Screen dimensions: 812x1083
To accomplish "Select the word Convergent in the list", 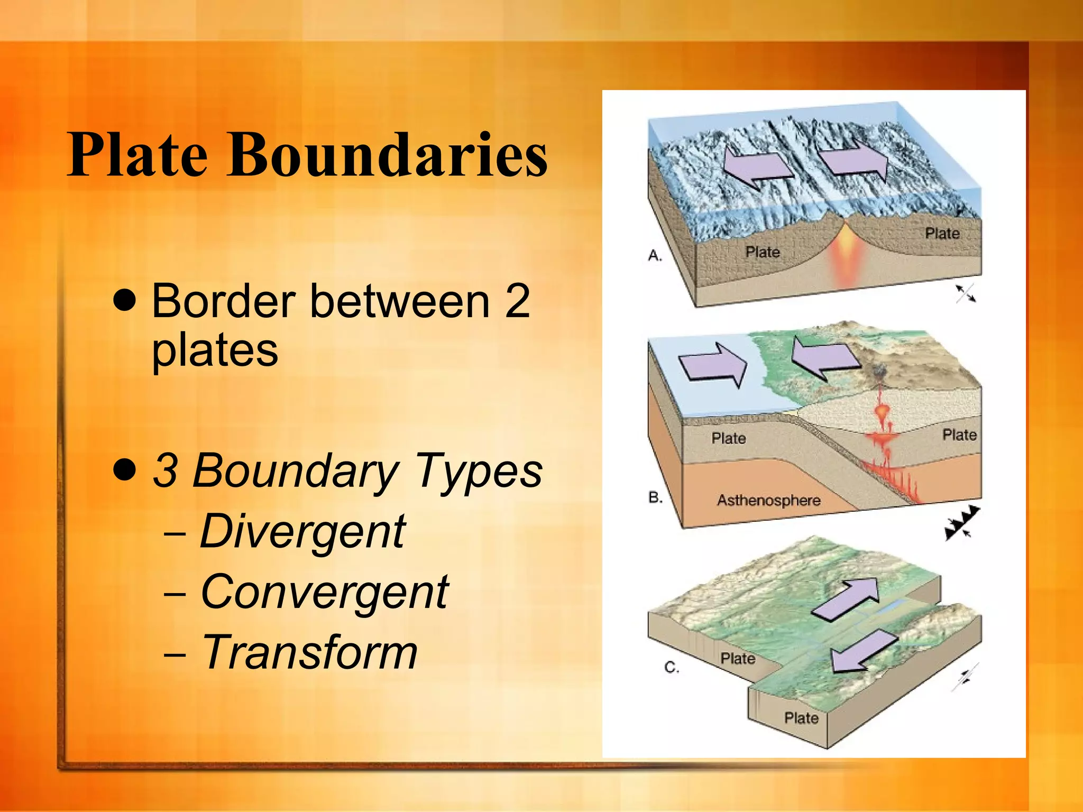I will tap(325, 592).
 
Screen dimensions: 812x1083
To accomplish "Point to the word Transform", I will tap(310, 652).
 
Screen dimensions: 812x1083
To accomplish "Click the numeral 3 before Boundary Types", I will tap(164, 470).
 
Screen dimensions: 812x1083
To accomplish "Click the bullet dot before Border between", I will tap(125, 301).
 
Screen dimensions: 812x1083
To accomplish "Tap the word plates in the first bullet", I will tap(215, 350).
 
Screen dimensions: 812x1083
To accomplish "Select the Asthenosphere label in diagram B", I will tap(768, 500).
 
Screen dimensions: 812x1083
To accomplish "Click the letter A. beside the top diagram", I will tap(655, 256).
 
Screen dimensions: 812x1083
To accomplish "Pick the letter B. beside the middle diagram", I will tap(655, 497).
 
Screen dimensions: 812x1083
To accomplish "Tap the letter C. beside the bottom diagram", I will tap(672, 668).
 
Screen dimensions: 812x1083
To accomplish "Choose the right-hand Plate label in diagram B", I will tap(959, 435).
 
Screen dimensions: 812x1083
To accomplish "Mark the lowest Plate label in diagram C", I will tap(801, 718).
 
